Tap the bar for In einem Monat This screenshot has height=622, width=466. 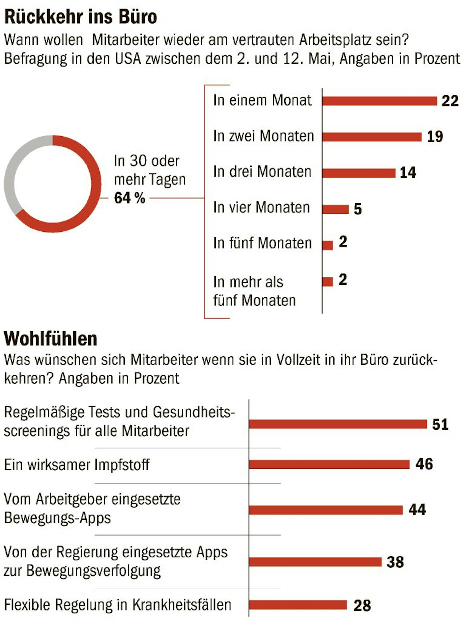click(x=379, y=101)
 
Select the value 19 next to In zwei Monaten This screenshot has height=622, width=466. click(x=435, y=137)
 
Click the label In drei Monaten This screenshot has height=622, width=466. click(x=262, y=171)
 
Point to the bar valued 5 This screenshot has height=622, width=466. click(x=335, y=209)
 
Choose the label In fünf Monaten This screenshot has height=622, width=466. click(x=262, y=243)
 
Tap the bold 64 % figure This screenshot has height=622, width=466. click(x=129, y=198)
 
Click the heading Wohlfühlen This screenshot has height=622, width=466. click(x=51, y=339)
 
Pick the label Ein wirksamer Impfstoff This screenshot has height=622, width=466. click(x=77, y=464)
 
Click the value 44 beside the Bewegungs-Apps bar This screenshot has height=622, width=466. click(x=417, y=510)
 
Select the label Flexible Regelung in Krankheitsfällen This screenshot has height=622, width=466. click(x=117, y=605)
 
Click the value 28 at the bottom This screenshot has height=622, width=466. click(x=362, y=605)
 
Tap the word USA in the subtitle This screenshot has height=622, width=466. click(x=128, y=59)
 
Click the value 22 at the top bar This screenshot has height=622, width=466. click(x=450, y=101)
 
